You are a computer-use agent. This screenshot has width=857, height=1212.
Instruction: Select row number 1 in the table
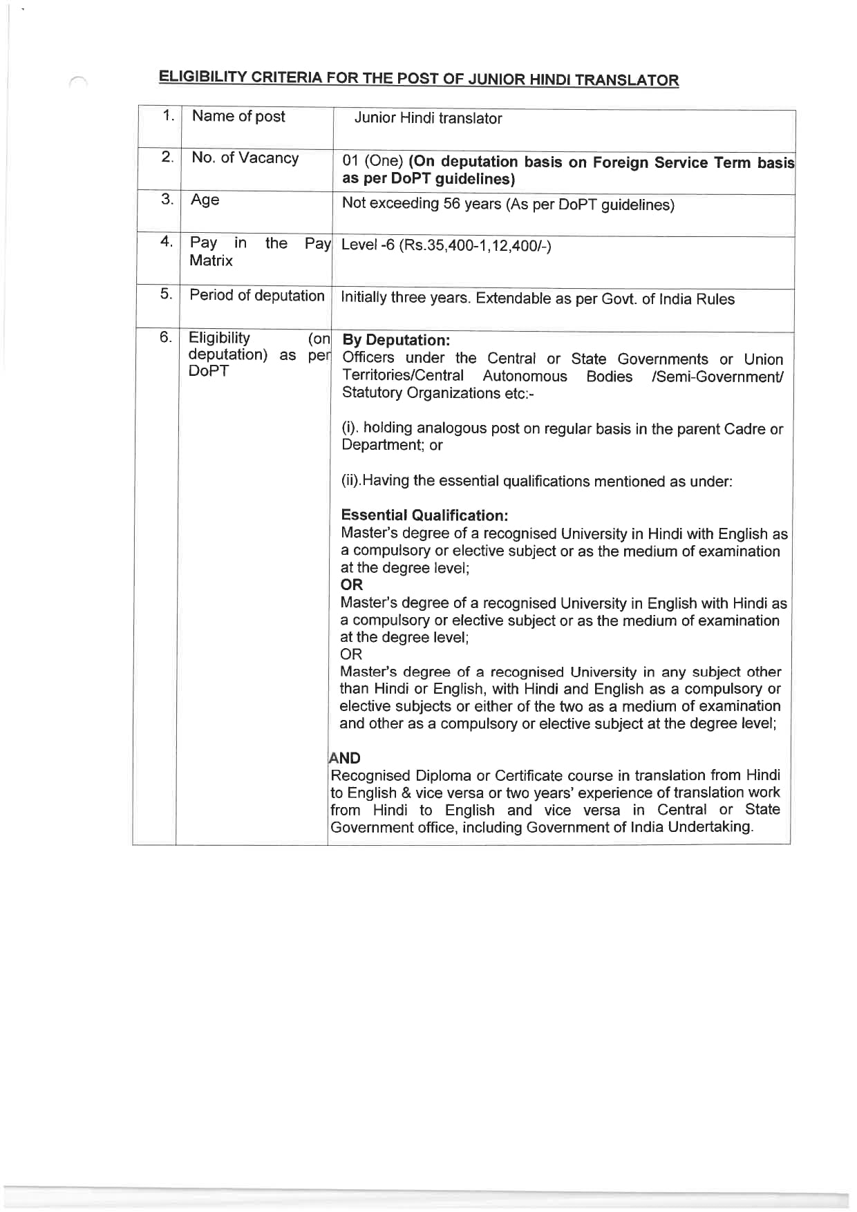click(x=167, y=115)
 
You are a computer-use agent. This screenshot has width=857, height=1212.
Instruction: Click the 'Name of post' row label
click(x=238, y=116)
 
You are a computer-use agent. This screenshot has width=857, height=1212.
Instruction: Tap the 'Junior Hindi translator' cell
click(x=428, y=118)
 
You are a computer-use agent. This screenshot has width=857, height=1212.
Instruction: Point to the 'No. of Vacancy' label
click(x=245, y=158)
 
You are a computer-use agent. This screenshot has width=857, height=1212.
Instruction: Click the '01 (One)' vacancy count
click(x=373, y=161)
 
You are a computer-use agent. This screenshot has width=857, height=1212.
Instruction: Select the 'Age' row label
click(x=205, y=200)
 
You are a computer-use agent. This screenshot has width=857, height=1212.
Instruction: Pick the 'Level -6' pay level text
click(x=368, y=245)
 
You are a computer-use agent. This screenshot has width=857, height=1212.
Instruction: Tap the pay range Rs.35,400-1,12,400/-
click(x=475, y=245)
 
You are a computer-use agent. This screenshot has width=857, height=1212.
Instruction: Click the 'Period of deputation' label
click(x=256, y=295)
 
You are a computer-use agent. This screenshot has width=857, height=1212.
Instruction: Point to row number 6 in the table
click(x=166, y=337)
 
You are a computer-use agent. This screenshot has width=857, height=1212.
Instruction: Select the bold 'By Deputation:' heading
click(x=396, y=340)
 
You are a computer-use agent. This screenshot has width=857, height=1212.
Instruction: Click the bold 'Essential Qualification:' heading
click(x=424, y=515)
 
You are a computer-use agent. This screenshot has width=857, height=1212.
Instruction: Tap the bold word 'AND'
click(x=345, y=758)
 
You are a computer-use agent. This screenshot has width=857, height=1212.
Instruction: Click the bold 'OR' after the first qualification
click(x=351, y=585)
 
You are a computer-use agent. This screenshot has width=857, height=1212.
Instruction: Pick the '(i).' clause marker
click(x=350, y=428)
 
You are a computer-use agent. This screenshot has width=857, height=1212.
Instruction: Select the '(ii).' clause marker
click(x=351, y=481)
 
